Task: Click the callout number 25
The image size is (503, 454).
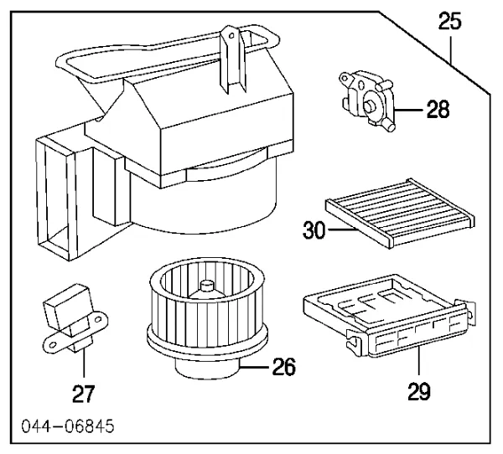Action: tap(450, 22)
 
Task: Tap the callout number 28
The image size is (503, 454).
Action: tap(437, 109)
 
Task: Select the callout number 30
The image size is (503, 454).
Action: tap(314, 229)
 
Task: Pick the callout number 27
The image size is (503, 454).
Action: tap(84, 393)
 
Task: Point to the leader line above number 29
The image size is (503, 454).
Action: tap(417, 364)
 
